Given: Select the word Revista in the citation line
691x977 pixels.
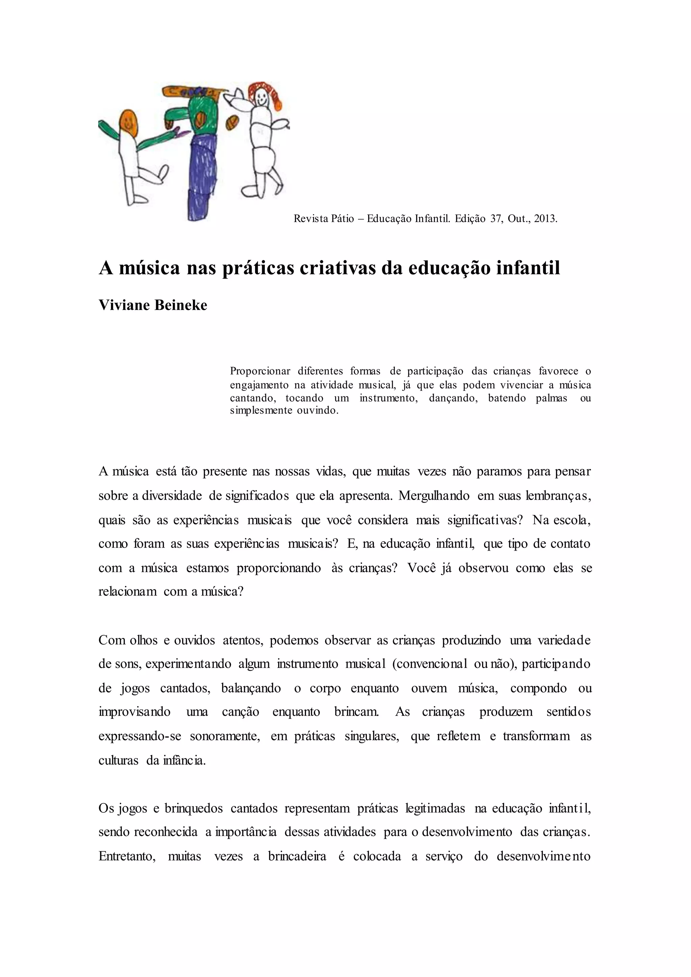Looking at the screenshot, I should click(x=311, y=219).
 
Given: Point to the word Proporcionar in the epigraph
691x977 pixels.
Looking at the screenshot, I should click(x=260, y=371).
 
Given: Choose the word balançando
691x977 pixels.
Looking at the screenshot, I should click(x=251, y=689).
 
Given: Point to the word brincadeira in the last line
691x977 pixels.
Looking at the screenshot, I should click(x=297, y=856).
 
